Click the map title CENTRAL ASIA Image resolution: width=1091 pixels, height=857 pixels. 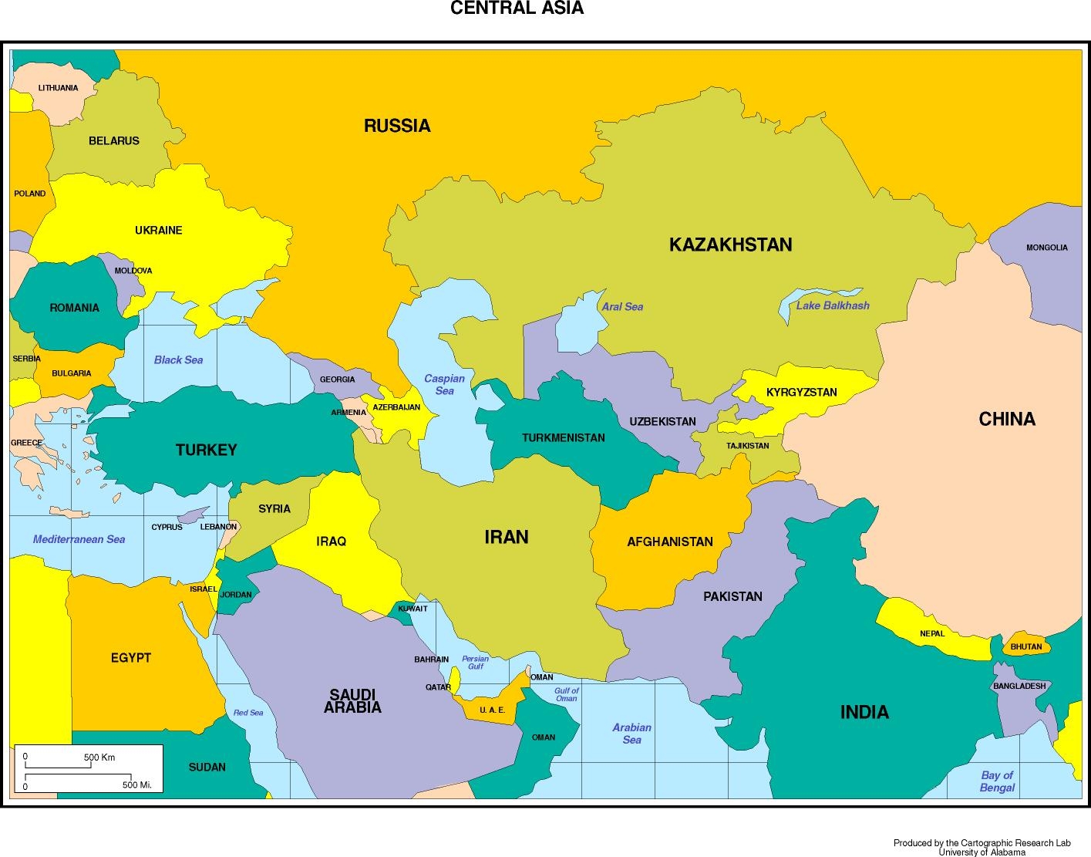pyautogui.click(x=517, y=8)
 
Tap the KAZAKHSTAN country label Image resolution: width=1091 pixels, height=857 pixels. pyautogui.click(x=730, y=245)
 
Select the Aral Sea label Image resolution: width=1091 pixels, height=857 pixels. pyautogui.click(x=622, y=306)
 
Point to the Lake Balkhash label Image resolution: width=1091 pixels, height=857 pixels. pyautogui.click(x=833, y=305)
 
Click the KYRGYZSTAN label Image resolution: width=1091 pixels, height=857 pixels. pyautogui.click(x=801, y=392)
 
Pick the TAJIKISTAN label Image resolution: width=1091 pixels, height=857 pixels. pyautogui.click(x=747, y=446)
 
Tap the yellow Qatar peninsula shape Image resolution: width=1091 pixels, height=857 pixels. pyautogui.click(x=456, y=681)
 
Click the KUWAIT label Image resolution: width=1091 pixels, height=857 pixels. pyautogui.click(x=412, y=609)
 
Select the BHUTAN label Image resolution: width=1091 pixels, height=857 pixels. pyautogui.click(x=1025, y=646)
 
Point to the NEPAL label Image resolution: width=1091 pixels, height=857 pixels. pyautogui.click(x=931, y=633)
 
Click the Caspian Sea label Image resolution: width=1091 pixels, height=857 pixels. pyautogui.click(x=444, y=384)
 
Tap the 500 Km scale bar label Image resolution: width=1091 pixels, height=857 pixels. pyautogui.click(x=99, y=757)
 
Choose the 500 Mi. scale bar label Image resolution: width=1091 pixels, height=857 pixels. pyautogui.click(x=137, y=785)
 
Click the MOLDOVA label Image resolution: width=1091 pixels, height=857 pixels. pyautogui.click(x=133, y=271)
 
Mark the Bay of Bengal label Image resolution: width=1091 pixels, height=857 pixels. pyautogui.click(x=997, y=781)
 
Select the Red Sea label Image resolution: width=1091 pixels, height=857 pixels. pyautogui.click(x=248, y=713)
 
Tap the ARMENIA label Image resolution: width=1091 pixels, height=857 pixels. pyautogui.click(x=349, y=413)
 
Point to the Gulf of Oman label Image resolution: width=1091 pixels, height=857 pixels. pyautogui.click(x=566, y=694)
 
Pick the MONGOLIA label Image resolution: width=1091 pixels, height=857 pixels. pyautogui.click(x=1046, y=248)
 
